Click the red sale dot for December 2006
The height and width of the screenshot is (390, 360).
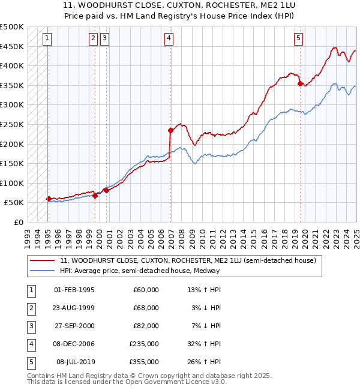[170, 130]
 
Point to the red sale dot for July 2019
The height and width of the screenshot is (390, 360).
[300, 83]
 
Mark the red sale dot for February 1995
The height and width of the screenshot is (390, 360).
[49, 199]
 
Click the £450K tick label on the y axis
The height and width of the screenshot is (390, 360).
[12, 46]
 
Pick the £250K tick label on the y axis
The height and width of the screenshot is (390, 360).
[12, 124]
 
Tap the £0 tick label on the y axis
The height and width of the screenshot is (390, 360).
[18, 222]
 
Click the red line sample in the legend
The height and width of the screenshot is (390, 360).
[43, 260]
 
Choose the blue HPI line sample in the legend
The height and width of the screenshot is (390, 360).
[43, 271]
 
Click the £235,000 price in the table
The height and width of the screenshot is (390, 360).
[145, 345]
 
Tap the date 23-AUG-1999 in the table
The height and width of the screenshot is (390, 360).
[74, 308]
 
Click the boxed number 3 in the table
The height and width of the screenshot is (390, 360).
[31, 326]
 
